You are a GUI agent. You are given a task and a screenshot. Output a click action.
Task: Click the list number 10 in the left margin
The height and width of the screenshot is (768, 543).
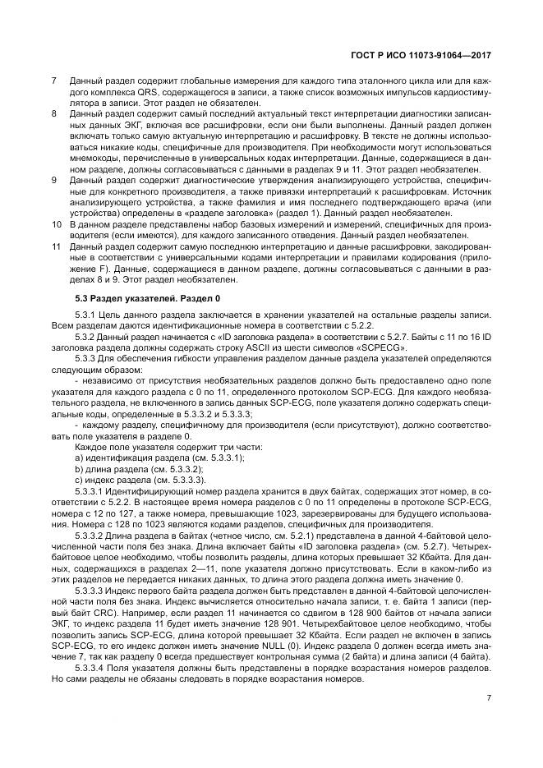click(x=56, y=223)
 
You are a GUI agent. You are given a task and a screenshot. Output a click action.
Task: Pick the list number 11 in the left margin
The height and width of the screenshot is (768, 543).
click(x=56, y=245)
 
